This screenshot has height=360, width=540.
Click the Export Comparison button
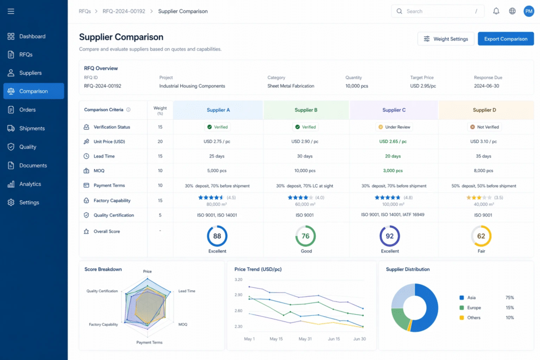click(x=506, y=39)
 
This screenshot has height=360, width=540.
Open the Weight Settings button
click(x=446, y=39)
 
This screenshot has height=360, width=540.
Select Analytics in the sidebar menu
click(x=30, y=184)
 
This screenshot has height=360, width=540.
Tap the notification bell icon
click(x=496, y=11)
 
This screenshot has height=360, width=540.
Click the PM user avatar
click(x=528, y=11)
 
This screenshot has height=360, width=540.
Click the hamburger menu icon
click(x=11, y=12)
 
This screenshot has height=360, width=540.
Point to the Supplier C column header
click(x=394, y=110)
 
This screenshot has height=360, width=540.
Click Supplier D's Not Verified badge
click(x=485, y=127)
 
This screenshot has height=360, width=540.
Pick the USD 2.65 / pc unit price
click(x=393, y=141)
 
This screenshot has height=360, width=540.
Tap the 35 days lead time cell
click(x=484, y=156)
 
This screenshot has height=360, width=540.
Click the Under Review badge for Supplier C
click(x=394, y=127)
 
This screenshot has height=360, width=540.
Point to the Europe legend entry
click(x=474, y=308)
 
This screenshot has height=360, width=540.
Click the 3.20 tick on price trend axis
click(x=238, y=279)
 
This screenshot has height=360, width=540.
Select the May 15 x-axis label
click(x=276, y=339)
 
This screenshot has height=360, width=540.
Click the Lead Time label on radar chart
click(x=187, y=291)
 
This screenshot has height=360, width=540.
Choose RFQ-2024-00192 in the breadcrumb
click(x=124, y=12)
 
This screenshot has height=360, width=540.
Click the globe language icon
click(x=513, y=11)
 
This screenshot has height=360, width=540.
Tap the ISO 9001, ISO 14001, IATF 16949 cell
click(x=392, y=215)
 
